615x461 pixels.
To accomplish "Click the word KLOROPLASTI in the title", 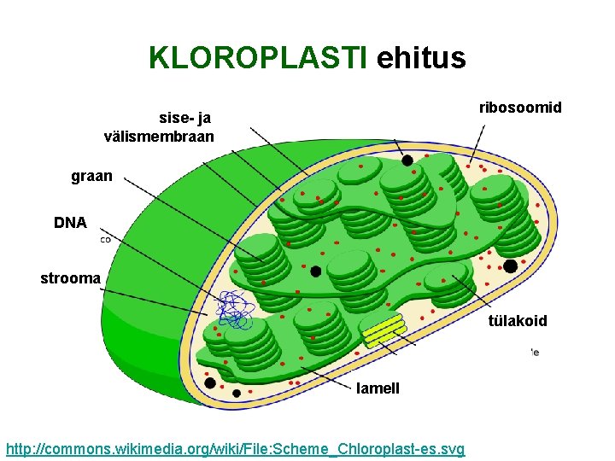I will click(257, 58).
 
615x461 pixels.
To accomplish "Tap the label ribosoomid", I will click(520, 107).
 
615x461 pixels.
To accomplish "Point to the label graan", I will click(91, 178).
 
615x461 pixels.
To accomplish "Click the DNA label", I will click(70, 223).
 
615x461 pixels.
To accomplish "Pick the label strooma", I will click(71, 278).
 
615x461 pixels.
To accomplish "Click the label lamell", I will click(378, 388).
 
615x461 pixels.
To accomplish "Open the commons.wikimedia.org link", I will click(235, 449).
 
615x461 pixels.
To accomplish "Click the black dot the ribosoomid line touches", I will click(407, 160).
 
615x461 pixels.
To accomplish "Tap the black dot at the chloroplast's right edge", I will click(510, 266).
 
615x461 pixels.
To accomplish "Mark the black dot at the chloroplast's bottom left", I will click(210, 382).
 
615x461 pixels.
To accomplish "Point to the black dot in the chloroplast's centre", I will click(316, 271).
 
